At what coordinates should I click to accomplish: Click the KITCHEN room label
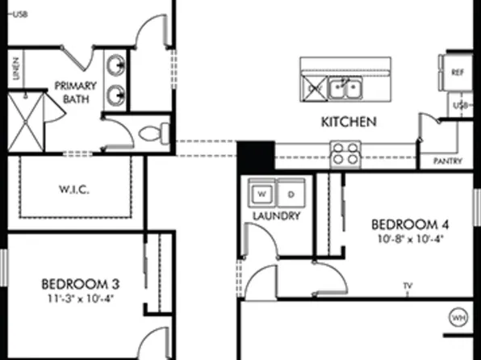(x=349, y=123)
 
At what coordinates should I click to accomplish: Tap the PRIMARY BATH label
(x=75, y=91)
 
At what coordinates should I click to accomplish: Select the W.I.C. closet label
(x=73, y=190)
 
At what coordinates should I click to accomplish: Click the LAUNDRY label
(x=276, y=216)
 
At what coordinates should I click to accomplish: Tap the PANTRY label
(x=447, y=161)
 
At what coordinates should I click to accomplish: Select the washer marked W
(x=261, y=195)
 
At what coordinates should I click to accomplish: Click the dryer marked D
(x=290, y=195)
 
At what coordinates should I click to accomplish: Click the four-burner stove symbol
(x=345, y=153)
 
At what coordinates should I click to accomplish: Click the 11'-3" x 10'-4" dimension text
(x=81, y=298)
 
